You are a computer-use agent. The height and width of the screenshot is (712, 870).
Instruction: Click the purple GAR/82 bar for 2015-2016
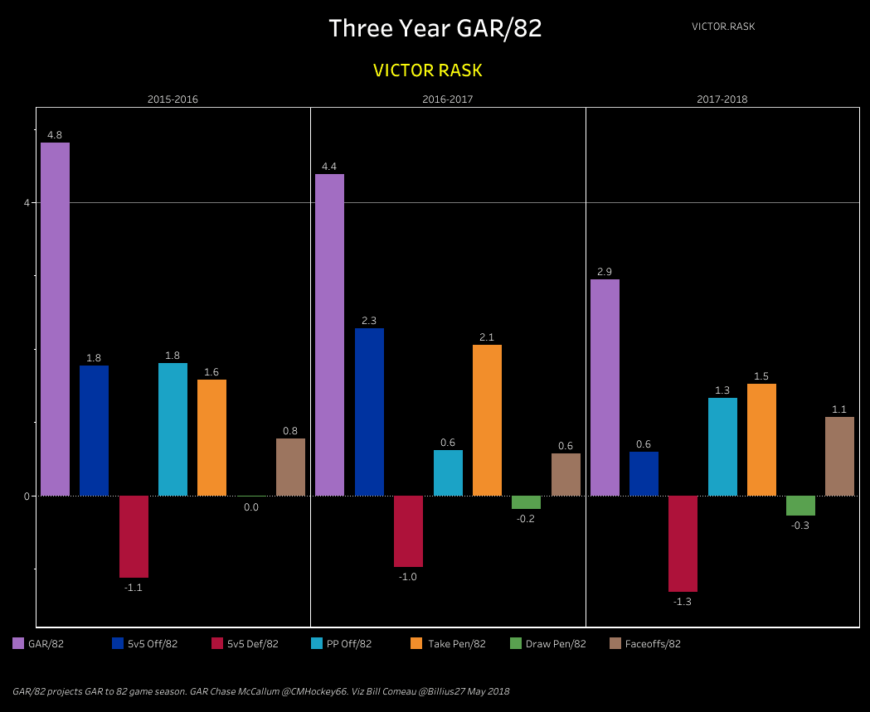[55, 319]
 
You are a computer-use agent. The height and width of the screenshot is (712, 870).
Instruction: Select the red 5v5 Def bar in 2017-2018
[683, 543]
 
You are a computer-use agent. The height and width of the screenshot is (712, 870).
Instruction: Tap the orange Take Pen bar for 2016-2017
[487, 420]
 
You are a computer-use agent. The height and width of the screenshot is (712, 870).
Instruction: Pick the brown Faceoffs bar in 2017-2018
[839, 456]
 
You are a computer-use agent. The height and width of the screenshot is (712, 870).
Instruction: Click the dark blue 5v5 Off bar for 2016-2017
[369, 412]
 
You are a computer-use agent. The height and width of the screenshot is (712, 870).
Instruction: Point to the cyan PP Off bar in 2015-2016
[173, 429]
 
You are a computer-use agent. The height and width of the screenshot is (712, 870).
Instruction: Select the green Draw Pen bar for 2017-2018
[800, 506]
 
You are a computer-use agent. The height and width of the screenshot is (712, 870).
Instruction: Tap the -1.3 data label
[683, 602]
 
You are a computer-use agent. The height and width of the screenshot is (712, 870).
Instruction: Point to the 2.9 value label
[604, 272]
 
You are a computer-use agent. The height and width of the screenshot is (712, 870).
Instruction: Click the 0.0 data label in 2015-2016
[251, 507]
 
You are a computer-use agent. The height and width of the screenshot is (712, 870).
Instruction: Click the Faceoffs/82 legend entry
[652, 644]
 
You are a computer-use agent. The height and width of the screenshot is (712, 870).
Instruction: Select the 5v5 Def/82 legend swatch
[217, 643]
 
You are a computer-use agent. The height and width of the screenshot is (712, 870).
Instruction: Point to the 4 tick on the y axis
[27, 203]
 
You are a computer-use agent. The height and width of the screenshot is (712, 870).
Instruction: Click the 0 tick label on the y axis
[27, 496]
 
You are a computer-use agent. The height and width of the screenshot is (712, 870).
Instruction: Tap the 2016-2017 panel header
[448, 99]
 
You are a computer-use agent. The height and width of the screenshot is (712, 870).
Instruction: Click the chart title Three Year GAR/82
[435, 28]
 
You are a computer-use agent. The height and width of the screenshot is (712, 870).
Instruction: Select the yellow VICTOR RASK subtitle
[428, 70]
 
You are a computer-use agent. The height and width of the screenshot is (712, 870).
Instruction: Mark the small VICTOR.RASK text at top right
[723, 27]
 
